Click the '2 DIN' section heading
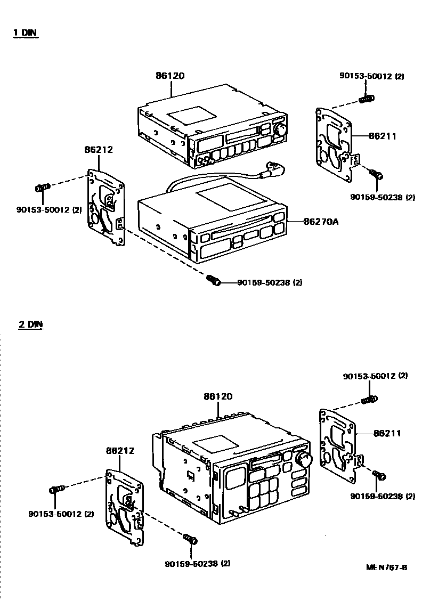[x=30, y=323]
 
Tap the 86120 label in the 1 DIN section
[x=170, y=76]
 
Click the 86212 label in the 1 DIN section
[x=98, y=150]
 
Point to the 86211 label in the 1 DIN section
[x=382, y=136]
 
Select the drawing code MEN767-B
[x=386, y=567]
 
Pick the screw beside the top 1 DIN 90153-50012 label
[x=367, y=98]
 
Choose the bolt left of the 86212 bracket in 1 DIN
[x=42, y=187]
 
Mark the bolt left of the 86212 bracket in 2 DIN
[x=56, y=489]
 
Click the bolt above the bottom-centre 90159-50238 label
[x=190, y=539]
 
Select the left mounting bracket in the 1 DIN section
[x=106, y=207]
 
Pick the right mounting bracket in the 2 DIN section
[x=340, y=445]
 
